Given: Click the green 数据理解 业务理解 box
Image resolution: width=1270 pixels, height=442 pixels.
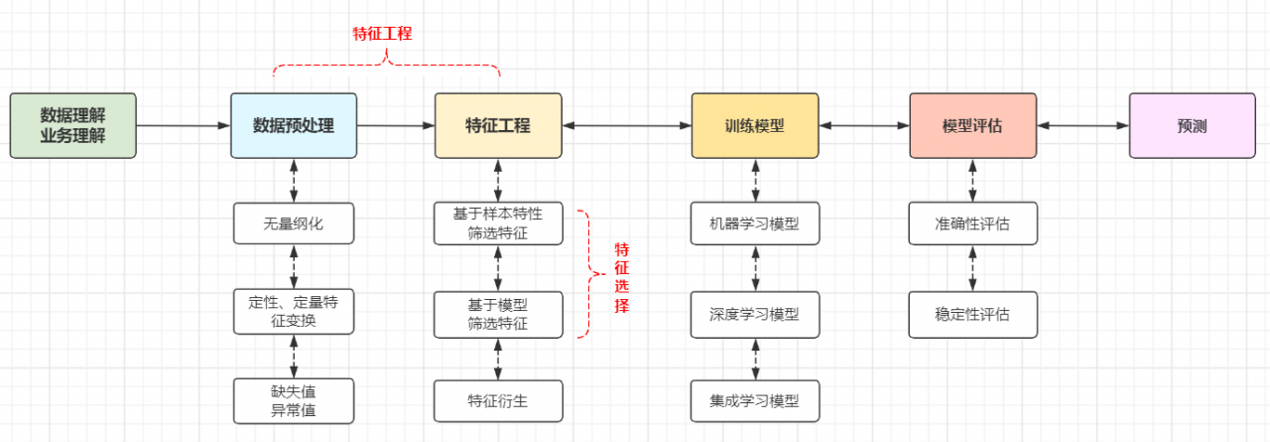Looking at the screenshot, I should point(72,126).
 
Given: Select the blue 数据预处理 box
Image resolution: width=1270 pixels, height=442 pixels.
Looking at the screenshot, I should point(294,126).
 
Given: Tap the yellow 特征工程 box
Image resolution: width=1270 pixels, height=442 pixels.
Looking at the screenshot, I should point(498,126).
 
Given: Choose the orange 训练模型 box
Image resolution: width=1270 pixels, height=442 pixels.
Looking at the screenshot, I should point(755,126).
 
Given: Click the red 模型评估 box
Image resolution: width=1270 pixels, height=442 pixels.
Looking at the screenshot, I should point(972,126).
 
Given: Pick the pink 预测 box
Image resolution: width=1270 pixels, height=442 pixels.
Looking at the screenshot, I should point(1192,126).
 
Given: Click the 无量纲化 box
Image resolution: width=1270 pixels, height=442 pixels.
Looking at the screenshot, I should point(294,223).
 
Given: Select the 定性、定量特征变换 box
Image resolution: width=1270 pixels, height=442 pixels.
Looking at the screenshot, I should point(294,311).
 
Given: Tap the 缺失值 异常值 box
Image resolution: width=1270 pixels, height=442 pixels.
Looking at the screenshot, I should point(294,400).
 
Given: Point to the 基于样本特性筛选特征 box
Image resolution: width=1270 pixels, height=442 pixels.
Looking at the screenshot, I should point(498,223).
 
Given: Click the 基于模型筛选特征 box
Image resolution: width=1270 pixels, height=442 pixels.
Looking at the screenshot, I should point(498,314).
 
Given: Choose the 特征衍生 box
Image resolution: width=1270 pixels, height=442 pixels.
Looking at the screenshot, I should point(498,401).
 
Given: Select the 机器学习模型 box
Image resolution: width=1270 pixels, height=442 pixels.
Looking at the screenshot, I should point(755,223).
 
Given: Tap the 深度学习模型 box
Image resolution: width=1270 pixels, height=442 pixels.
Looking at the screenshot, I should point(755,314).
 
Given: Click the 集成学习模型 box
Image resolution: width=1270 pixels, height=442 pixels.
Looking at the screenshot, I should point(755,401).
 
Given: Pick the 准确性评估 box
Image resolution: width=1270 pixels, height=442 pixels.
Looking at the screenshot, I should point(972,223).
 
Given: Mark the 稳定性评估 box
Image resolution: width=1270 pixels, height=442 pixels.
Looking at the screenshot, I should point(972,314).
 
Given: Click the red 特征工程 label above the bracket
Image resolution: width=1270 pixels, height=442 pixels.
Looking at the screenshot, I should point(383,34).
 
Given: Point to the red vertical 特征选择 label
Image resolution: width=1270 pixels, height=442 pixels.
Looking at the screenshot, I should point(621,277).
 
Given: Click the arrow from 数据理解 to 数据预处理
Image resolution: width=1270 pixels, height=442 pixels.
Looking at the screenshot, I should point(183,126).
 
